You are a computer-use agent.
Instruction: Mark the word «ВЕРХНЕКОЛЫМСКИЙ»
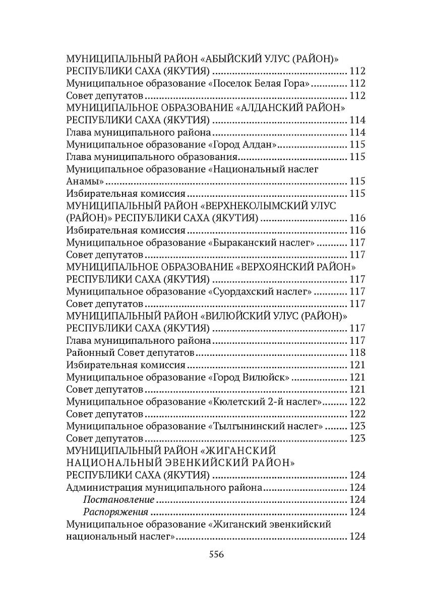(258, 205)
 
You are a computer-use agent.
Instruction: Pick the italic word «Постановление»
(118, 499)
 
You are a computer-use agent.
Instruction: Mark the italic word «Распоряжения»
(115, 512)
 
